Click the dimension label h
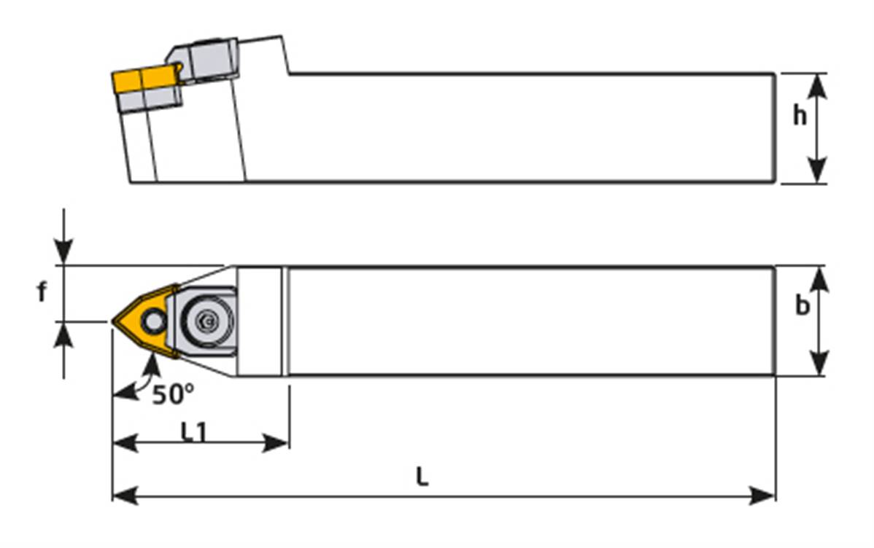coord(800,115)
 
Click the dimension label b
coord(802,307)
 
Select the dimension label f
coord(42,292)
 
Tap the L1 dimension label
coord(194,432)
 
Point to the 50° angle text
coord(173,394)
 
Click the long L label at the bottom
coord(422,477)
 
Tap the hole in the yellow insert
coord(153,319)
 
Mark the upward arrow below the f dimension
coord(64,333)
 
